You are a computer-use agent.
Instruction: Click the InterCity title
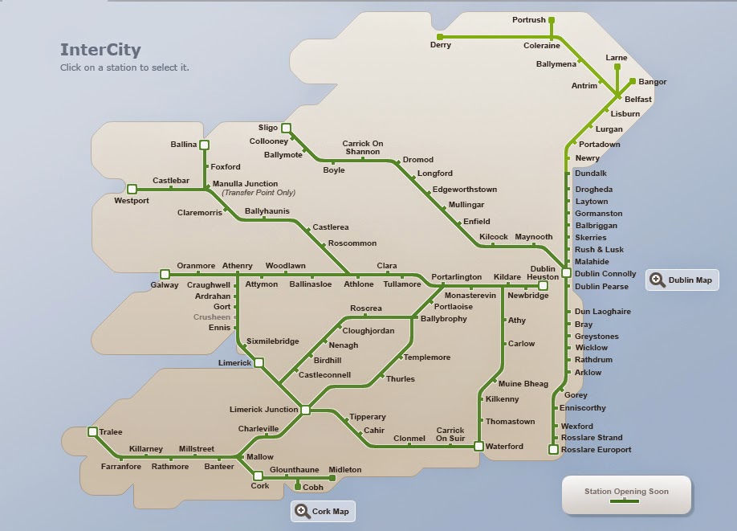coord(100,51)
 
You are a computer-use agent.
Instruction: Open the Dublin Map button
coord(682,280)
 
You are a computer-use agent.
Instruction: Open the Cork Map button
coord(322,512)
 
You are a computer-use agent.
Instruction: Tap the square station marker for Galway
coord(165,274)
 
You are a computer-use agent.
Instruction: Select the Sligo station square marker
coord(286,127)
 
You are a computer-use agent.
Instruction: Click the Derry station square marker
coord(440,37)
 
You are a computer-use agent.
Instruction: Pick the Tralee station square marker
coord(92,432)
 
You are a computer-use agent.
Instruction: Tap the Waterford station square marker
coord(478,446)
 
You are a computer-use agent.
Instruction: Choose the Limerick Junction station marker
coord(305,410)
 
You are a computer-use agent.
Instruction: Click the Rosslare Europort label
coord(597,450)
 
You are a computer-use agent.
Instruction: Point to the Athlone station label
coord(359,284)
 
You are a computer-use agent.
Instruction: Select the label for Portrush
coord(528,20)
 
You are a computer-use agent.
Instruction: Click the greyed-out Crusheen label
coord(212,317)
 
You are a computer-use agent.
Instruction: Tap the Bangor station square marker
coord(633,81)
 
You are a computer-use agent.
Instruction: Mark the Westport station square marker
coord(132,190)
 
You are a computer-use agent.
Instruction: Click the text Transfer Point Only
coord(259,193)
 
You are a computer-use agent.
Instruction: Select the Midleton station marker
coord(332,478)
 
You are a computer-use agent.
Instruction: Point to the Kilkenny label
coord(503,399)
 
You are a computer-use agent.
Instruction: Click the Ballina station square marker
coord(204,145)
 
